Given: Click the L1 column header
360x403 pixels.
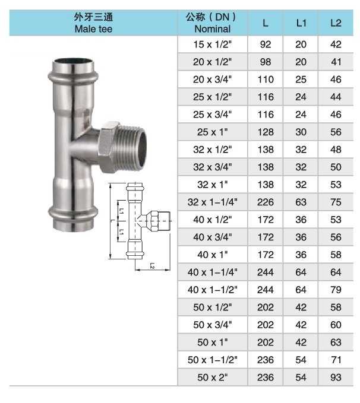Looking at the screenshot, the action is pos(301,23).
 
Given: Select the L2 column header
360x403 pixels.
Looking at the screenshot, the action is pos(336,23).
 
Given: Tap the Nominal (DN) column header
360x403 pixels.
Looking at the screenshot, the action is pos(212,23).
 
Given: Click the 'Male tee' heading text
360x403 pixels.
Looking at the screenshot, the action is pos(93,28).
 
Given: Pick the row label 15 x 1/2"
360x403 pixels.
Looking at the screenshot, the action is pos(213,45).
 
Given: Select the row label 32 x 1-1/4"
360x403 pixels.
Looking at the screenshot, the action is pos(213,202).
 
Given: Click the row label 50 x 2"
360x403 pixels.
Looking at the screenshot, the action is pos(213,377).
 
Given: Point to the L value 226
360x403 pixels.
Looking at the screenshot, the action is pos(266,202).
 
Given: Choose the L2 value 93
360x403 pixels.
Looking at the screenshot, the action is pos(336,377).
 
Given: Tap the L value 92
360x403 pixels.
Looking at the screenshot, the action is pos(266,45).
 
